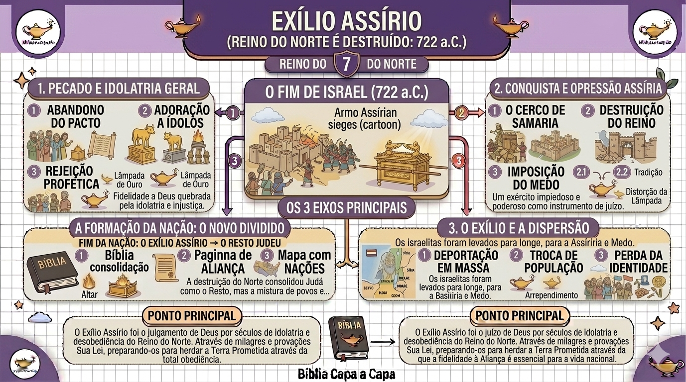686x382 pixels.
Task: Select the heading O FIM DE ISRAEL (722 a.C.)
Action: [x=346, y=93]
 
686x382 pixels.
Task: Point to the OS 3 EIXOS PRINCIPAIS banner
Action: [x=346, y=207]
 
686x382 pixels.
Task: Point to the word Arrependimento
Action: [x=551, y=295]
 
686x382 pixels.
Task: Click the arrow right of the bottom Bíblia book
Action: [x=382, y=342]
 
